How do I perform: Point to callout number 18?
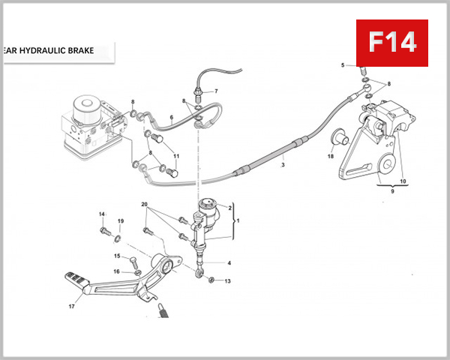[329, 157]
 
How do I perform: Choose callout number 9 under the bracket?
[391, 192]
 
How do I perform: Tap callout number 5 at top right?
[343, 66]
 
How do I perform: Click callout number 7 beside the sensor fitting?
[216, 91]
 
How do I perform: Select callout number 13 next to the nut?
[228, 280]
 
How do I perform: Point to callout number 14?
[102, 214]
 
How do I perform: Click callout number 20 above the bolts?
[145, 204]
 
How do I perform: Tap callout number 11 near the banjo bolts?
[177, 156]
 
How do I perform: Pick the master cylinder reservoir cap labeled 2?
[208, 202]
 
